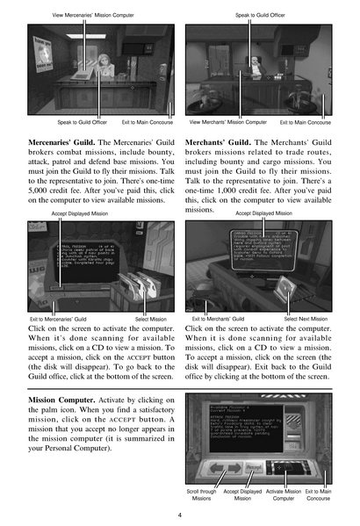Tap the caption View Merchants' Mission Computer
[x=227, y=122]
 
